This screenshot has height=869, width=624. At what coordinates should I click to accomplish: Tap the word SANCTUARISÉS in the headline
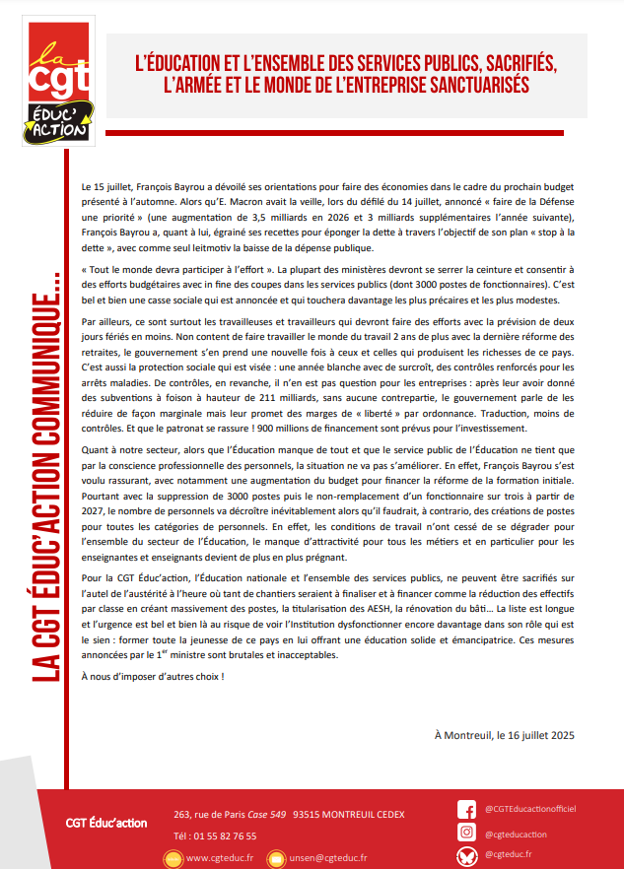[464, 86]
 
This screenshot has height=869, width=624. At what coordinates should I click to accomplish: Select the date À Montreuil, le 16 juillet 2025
[503, 734]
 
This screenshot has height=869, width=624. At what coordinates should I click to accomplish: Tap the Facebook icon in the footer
[466, 810]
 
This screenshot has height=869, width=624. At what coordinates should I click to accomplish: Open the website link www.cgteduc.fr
[220, 857]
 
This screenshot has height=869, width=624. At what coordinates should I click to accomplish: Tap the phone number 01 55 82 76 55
[215, 836]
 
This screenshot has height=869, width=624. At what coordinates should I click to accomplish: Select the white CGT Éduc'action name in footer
[106, 823]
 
